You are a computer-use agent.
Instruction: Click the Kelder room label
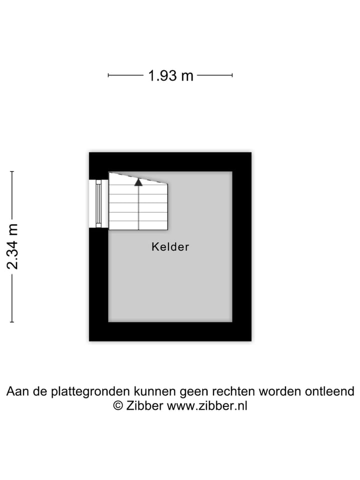point(170,246)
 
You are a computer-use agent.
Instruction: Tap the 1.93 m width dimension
point(170,75)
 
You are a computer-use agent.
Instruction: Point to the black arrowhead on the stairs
point(138,182)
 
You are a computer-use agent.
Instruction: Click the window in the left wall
point(98,203)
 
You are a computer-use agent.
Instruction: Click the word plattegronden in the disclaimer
point(91,391)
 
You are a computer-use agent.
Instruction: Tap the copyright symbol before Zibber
point(118,405)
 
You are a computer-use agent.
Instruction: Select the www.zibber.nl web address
point(207,406)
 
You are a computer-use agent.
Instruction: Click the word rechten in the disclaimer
point(233,391)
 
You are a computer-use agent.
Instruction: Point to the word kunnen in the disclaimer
point(155,391)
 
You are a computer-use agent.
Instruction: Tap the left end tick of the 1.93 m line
point(108,75)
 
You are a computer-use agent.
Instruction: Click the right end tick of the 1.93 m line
point(232,75)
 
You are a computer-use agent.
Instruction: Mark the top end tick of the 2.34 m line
point(12,171)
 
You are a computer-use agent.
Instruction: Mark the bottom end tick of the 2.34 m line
point(12,321)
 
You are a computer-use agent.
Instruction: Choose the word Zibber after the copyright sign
point(144,405)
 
